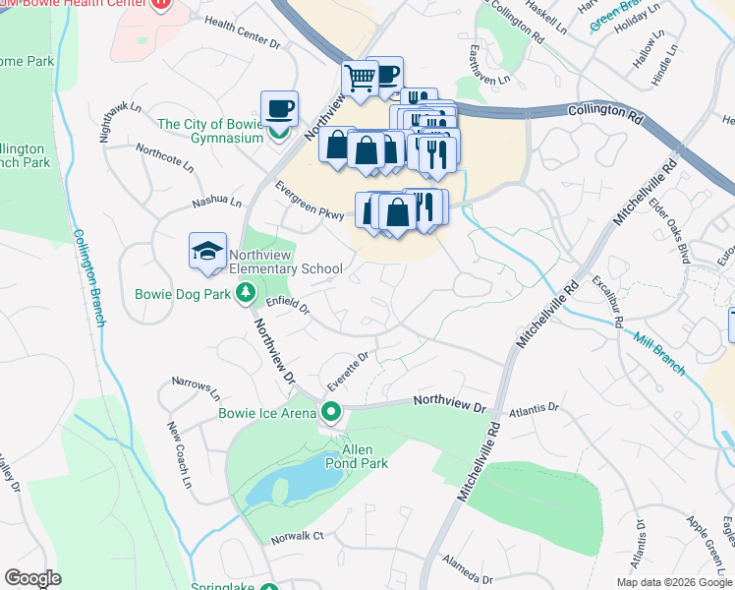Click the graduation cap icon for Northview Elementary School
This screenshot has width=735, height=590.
[x=208, y=252]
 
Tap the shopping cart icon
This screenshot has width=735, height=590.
[x=360, y=78]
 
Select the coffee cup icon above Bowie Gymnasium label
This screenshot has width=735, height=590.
[x=279, y=107]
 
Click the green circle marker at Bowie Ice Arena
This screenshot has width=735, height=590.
[x=332, y=412]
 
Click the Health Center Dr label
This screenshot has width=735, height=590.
[x=243, y=45]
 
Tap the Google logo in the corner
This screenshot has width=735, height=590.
[x=32, y=578]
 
